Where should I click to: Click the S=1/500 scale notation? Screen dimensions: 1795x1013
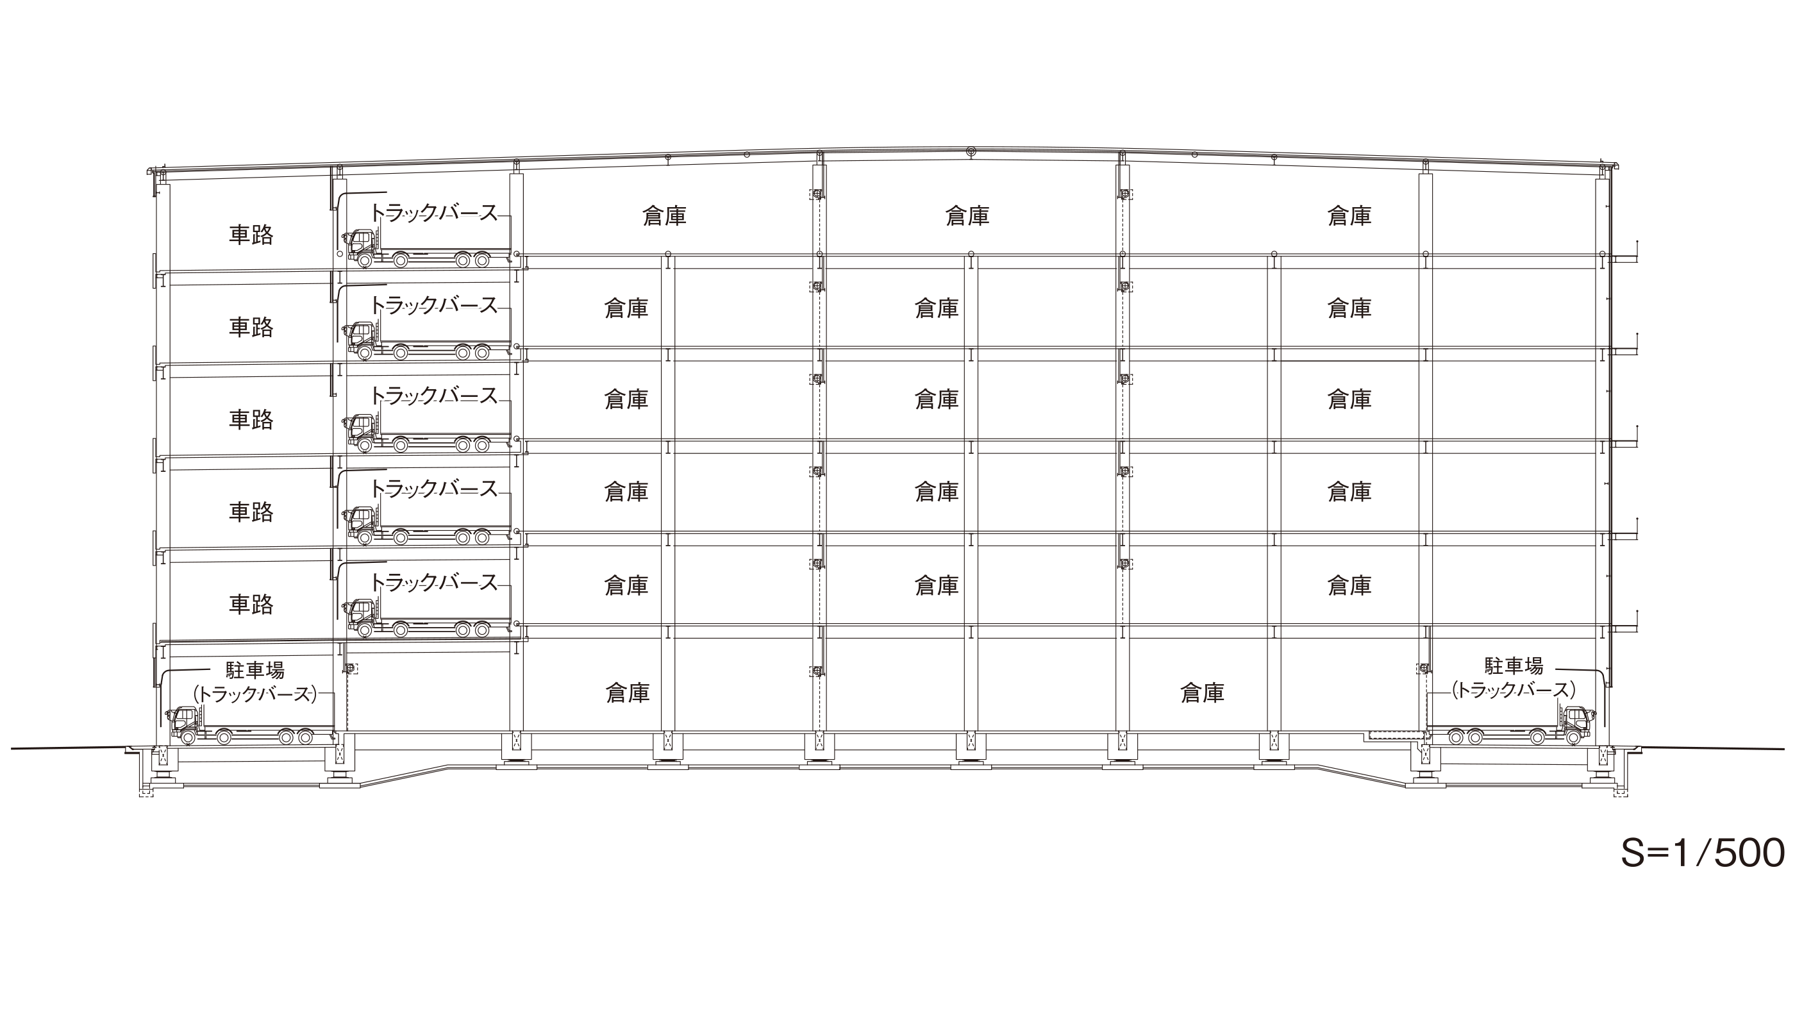[x=1702, y=853]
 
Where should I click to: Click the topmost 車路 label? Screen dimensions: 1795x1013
[x=251, y=235]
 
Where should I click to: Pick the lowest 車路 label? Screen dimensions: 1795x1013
[x=251, y=604]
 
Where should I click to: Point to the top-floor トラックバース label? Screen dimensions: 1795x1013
[x=433, y=212]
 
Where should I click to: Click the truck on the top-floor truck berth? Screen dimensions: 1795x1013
[x=427, y=249]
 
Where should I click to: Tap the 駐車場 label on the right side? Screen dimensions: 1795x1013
[x=1514, y=666]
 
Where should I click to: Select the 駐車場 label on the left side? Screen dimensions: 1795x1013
[x=255, y=670]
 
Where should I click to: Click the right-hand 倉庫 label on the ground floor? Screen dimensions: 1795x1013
[x=1202, y=692]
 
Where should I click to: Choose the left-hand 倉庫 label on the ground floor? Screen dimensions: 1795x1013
[x=628, y=692]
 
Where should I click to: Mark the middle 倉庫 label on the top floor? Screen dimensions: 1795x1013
[x=967, y=216]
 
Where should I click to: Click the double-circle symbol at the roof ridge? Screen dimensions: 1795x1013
[x=971, y=151]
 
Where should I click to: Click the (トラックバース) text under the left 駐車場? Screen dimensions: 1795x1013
[x=255, y=694]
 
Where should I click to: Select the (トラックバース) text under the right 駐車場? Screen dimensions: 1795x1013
[x=1514, y=690]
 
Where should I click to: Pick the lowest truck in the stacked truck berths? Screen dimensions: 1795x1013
[x=427, y=617]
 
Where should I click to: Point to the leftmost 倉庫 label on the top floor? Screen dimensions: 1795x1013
[x=664, y=216]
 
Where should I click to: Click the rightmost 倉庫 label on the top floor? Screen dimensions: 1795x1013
[x=1349, y=216]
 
